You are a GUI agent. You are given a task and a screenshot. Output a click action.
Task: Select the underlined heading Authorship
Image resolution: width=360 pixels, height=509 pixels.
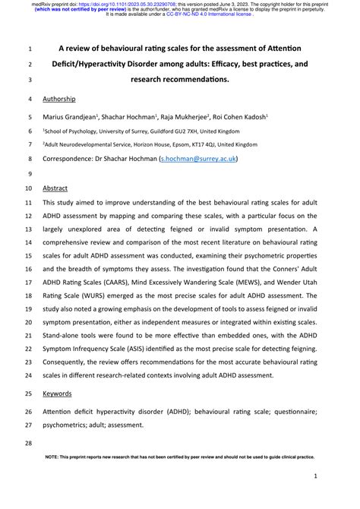[x=59, y=99]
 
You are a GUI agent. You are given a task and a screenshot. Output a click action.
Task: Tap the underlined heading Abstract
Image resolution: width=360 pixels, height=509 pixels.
[x=55, y=188]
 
